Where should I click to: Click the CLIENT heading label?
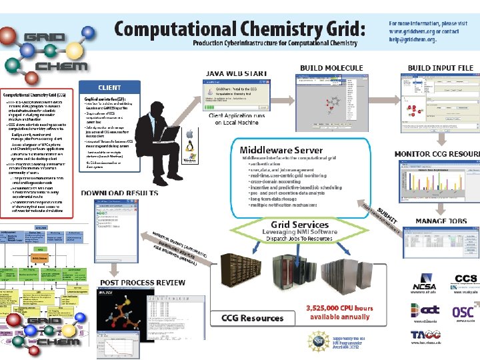[x=110, y=87]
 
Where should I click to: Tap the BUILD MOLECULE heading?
[x=331, y=67]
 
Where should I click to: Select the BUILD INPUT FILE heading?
[x=440, y=67]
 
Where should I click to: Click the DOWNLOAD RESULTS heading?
[x=120, y=193]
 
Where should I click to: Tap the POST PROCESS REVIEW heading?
[x=143, y=282]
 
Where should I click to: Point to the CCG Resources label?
[x=253, y=319]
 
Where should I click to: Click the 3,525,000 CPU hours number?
[x=339, y=309]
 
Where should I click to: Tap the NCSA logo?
[x=423, y=282]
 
